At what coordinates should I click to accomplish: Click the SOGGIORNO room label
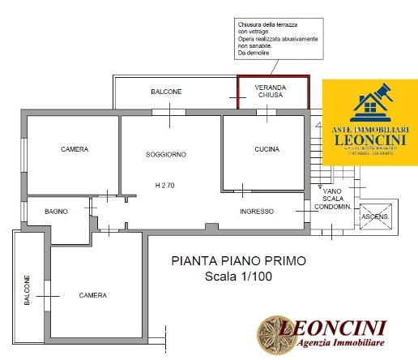[x=166, y=154]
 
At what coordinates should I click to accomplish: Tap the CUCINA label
[x=267, y=149]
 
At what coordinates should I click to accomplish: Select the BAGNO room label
[x=56, y=212]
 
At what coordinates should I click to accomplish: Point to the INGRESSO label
[x=257, y=212]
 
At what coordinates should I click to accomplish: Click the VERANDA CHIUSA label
[x=271, y=90]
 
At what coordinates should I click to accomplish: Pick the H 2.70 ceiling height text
[x=166, y=186]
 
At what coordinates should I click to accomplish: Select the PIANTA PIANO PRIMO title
[x=228, y=261]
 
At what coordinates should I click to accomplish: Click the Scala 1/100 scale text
[x=228, y=277]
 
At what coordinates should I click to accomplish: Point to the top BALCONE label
[x=166, y=92]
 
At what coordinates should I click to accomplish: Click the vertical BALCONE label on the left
[x=27, y=289]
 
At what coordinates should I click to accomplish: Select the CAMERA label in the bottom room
[x=92, y=295]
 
